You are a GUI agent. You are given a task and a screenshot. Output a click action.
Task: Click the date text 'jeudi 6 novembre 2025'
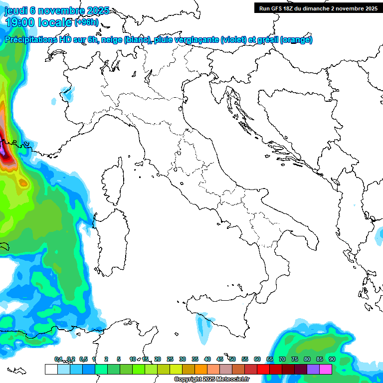click(56, 10)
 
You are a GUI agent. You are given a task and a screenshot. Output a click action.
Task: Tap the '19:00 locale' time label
click(39, 22)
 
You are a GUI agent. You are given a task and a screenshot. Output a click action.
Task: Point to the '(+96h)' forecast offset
click(86, 22)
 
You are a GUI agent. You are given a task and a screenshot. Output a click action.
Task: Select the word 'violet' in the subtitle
click(233, 39)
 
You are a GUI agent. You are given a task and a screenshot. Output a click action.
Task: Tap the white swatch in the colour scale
click(51, 369)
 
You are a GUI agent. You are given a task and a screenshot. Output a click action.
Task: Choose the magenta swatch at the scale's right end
click(326, 369)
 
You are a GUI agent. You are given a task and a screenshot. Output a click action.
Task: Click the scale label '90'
click(332, 359)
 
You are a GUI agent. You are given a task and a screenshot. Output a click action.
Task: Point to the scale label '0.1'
click(58, 359)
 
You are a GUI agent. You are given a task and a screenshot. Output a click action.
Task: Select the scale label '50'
click(232, 359)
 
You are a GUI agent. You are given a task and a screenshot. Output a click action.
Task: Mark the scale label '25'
click(170, 359)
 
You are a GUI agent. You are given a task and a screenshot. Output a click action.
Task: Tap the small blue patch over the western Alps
click(68, 93)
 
